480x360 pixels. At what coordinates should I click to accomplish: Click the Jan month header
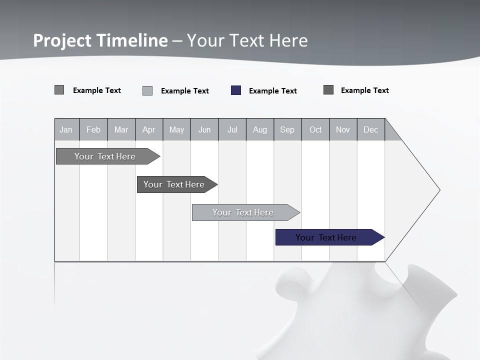[x=66, y=129]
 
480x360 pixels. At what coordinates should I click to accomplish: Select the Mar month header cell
[x=121, y=129]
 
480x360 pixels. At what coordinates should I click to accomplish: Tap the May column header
[x=176, y=129]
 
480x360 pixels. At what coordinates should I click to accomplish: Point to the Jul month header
[x=232, y=129]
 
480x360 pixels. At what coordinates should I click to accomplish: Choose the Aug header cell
[x=259, y=129]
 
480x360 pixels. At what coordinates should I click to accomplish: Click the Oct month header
[x=315, y=129]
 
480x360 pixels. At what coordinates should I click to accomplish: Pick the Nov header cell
[x=343, y=129]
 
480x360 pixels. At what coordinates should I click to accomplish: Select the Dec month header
[x=370, y=129]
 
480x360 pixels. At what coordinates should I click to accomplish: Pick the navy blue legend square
[x=236, y=90]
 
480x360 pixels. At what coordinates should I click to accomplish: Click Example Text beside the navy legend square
[x=272, y=91]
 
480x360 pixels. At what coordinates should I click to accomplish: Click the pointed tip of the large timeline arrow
[x=439, y=190]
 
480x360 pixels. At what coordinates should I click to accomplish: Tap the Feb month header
[x=93, y=129]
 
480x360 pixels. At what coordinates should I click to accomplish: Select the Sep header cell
[x=287, y=129]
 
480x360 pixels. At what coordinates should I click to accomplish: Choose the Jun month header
[x=204, y=129]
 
